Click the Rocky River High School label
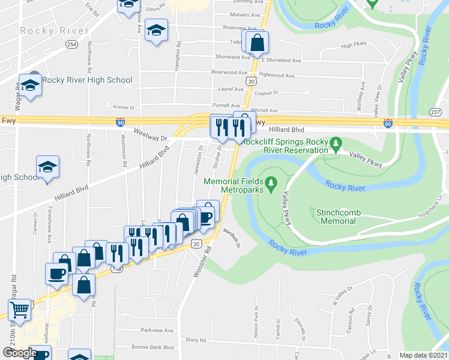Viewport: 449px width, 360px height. click(x=88, y=80)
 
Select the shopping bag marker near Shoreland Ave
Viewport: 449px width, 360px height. click(x=257, y=43)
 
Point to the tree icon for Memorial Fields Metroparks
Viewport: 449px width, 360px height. click(x=271, y=182)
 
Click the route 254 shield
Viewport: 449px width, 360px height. click(x=71, y=45)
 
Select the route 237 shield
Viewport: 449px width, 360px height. click(x=436, y=112)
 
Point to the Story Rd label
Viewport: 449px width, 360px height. click(x=196, y=340)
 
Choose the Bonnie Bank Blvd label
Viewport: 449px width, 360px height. click(x=152, y=347)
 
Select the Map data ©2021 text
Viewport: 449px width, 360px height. click(x=423, y=355)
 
